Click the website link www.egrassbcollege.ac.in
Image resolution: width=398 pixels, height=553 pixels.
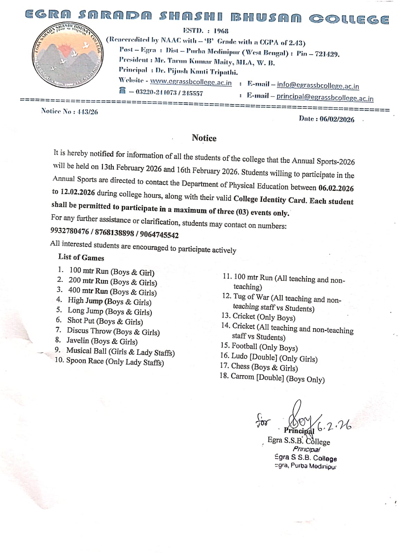click(x=191, y=82)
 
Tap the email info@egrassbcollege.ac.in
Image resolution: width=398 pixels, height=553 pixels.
click(x=318, y=85)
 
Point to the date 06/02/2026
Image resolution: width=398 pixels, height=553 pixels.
click(x=337, y=119)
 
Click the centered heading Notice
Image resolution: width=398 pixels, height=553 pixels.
click(x=204, y=138)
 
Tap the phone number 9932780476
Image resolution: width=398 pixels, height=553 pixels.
click(x=70, y=231)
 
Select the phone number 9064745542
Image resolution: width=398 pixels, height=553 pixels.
click(x=159, y=235)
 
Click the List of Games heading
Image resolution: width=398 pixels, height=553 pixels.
click(x=81, y=257)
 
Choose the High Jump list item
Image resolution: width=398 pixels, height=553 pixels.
click(x=109, y=301)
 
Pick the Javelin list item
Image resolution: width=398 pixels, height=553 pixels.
click(x=102, y=341)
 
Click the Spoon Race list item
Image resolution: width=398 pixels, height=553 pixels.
click(x=114, y=361)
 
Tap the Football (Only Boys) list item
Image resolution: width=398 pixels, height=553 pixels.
click(x=264, y=347)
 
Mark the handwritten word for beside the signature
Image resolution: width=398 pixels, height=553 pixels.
click(x=264, y=421)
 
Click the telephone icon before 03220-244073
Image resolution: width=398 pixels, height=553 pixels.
click(x=122, y=91)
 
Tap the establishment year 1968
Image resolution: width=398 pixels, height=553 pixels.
click(x=221, y=31)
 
